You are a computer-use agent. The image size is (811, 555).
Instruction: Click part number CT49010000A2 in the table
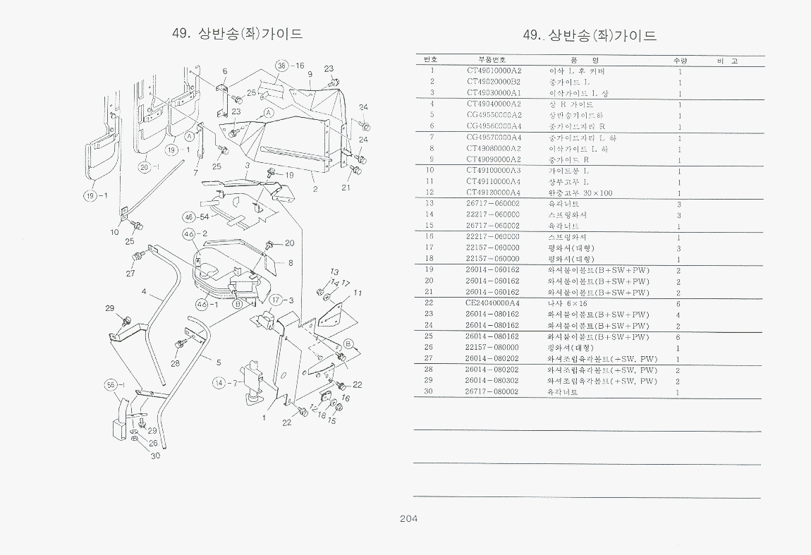tap(494, 71)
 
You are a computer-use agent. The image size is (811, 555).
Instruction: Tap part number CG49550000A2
tap(494, 115)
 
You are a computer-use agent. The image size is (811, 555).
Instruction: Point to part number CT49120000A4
tap(494, 193)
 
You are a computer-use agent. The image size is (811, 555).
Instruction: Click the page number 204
tap(409, 519)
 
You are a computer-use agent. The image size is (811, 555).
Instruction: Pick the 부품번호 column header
tap(492, 60)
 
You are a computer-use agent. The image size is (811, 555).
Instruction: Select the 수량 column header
tap(680, 61)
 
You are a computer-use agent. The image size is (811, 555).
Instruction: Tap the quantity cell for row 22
tap(678, 303)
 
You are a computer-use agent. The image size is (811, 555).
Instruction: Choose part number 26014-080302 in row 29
tap(492, 381)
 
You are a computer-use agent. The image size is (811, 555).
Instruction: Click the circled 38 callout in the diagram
tap(282, 66)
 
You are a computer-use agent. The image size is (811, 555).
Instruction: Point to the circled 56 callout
tap(111, 385)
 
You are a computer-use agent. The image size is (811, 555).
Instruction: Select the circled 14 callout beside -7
tap(219, 383)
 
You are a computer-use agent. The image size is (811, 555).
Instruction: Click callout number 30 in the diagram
tap(155, 456)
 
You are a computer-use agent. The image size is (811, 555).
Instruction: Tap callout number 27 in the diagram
tap(130, 274)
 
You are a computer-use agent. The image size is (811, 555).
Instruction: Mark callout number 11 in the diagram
tap(358, 293)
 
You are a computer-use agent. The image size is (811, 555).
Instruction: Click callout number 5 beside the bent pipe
tap(219, 362)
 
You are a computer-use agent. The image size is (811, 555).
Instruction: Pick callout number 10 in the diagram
tap(114, 232)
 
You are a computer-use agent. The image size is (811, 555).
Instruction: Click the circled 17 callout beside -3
tap(276, 300)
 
